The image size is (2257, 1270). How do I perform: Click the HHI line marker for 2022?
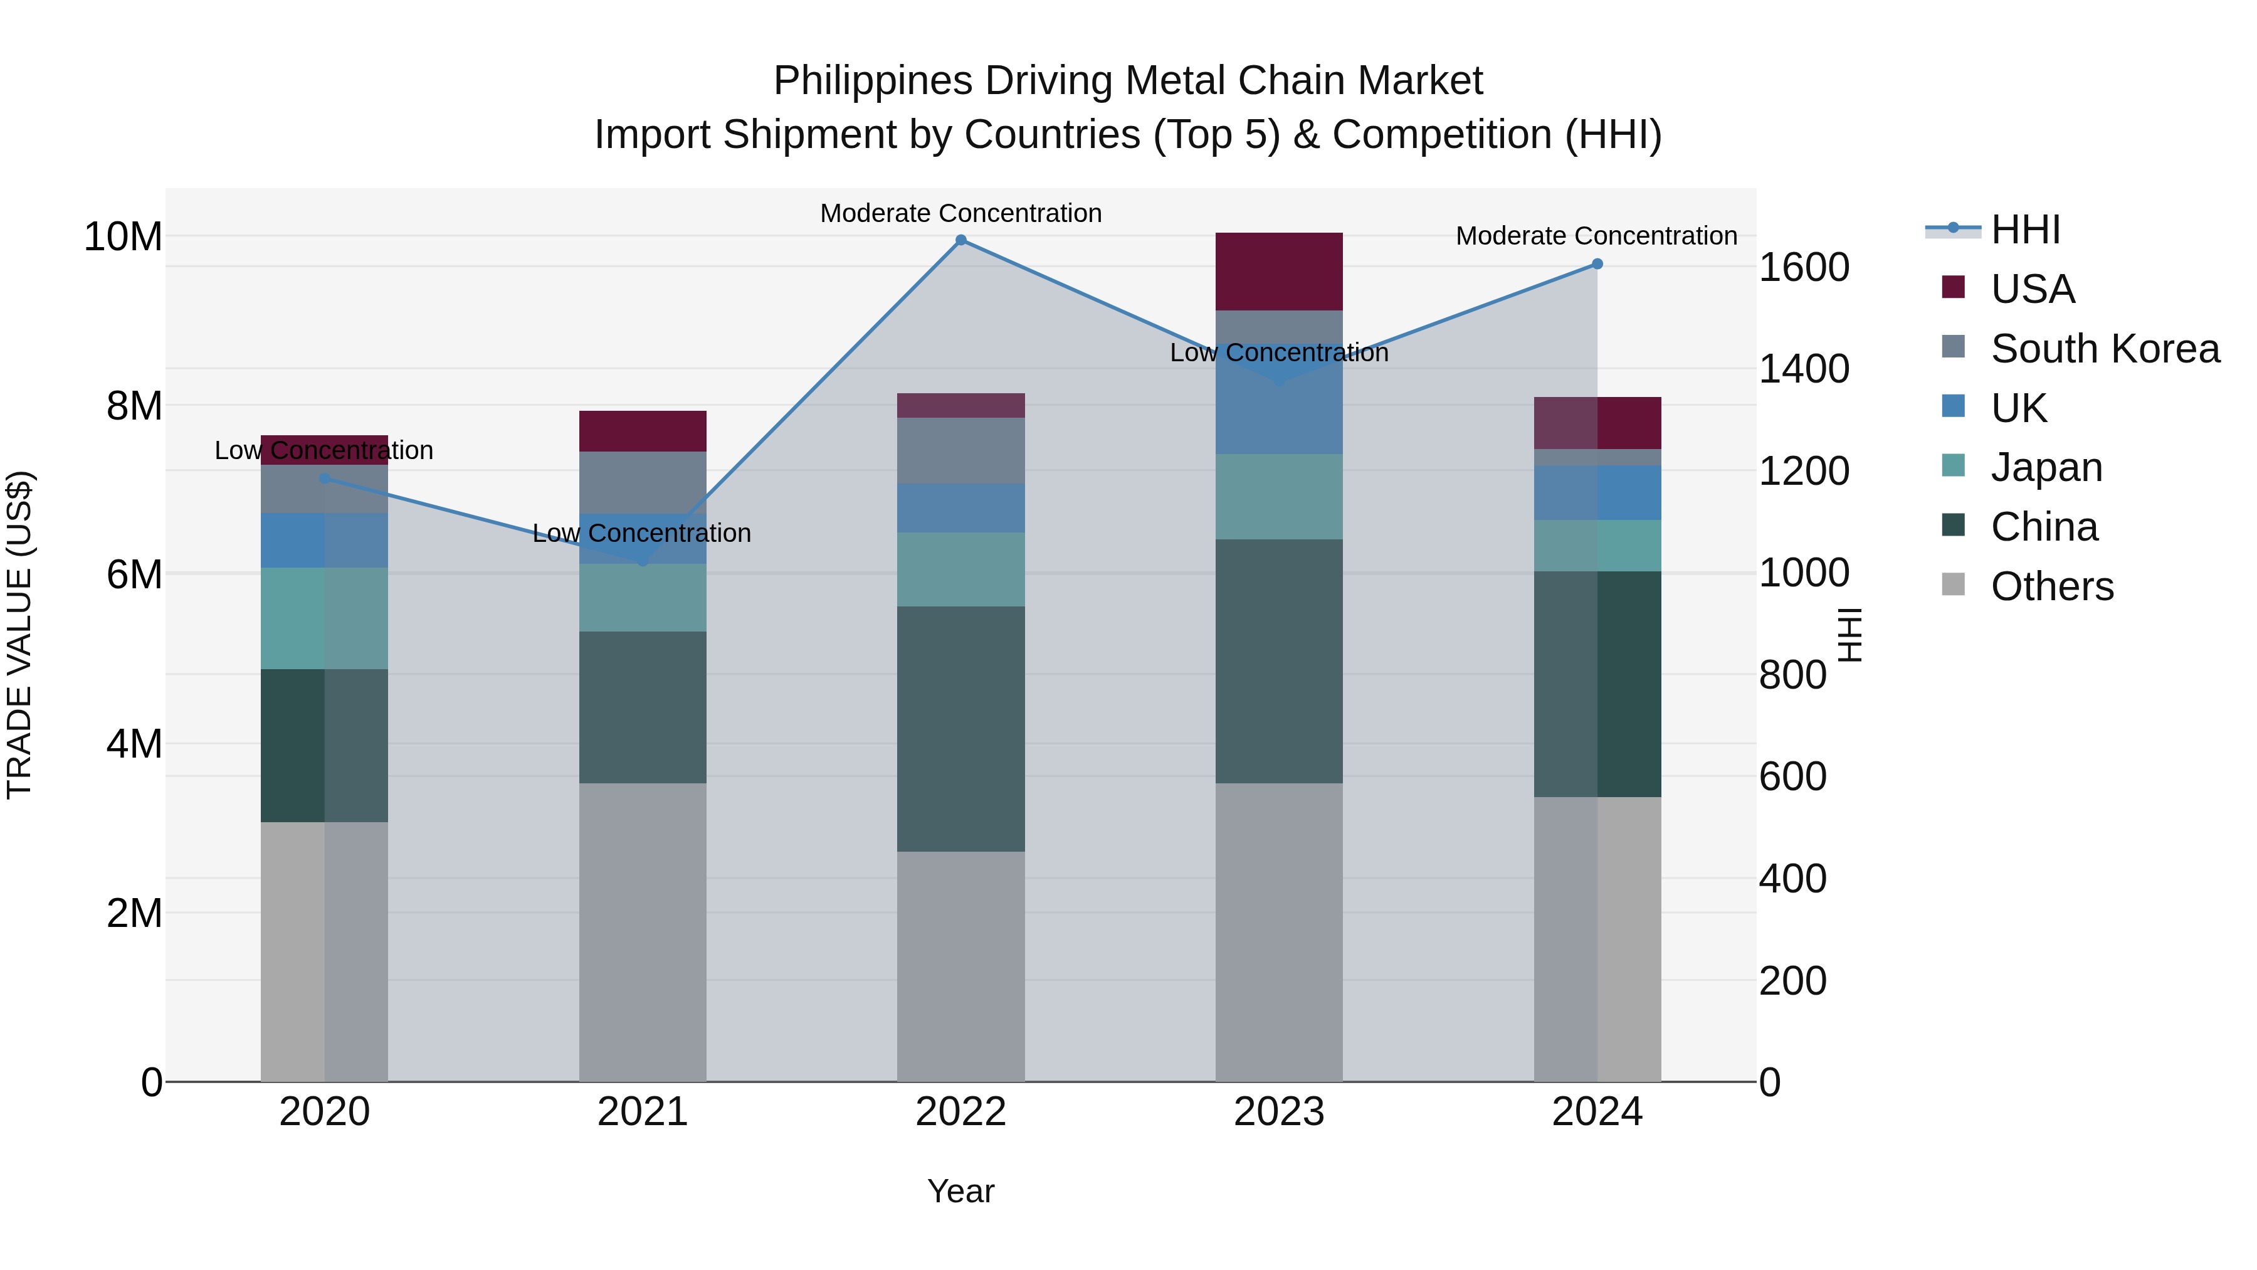[x=960, y=240]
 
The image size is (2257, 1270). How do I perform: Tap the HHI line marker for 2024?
[x=1596, y=264]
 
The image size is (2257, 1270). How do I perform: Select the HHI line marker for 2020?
[x=324, y=479]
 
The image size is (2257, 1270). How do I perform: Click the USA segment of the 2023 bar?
[x=1278, y=272]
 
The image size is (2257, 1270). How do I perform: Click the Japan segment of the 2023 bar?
[x=1278, y=496]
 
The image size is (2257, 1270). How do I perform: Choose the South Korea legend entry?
[x=2105, y=349]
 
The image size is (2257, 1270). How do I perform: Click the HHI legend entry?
[x=2025, y=230]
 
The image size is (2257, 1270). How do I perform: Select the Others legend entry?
[x=2051, y=586]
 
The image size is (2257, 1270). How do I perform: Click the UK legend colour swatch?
[x=1953, y=406]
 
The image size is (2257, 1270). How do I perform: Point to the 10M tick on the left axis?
[x=123, y=236]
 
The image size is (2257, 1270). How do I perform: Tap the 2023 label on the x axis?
[x=1278, y=1112]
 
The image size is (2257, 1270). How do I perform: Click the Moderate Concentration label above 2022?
[x=960, y=213]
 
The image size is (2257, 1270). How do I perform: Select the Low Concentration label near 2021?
[x=641, y=533]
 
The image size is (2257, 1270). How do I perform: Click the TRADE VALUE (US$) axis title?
[x=19, y=635]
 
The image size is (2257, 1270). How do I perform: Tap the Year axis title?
[x=960, y=1191]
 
